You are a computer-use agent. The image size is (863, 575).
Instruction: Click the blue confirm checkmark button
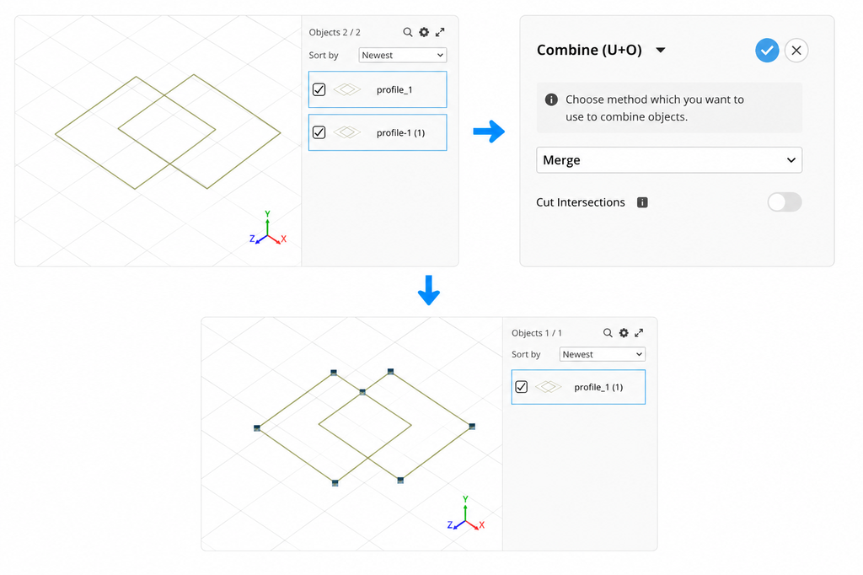coord(767,50)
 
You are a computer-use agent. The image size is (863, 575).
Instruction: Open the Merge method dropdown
coord(668,159)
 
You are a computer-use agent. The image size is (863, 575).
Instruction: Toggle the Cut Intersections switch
coord(785,202)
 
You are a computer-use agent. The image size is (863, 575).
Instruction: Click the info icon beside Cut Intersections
coord(642,202)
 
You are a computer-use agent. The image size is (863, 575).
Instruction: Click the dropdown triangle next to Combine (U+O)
coord(661,50)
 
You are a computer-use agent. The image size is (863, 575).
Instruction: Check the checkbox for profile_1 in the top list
coord(319,89)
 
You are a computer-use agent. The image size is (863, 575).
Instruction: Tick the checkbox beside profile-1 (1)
coord(319,132)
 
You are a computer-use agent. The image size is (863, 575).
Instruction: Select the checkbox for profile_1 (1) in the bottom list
coord(521,387)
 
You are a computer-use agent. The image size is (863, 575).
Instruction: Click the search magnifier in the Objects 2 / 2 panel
coord(407,32)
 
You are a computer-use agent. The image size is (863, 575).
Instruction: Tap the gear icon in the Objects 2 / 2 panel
coord(424,32)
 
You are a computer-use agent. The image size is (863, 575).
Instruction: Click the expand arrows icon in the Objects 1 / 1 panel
coord(639,333)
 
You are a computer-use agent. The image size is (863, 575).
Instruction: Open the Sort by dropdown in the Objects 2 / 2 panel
coord(402,55)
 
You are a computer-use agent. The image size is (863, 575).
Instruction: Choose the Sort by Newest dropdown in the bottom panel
coord(602,354)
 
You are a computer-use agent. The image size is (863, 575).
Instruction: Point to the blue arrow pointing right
coord(489,131)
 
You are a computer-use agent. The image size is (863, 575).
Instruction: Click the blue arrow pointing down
coord(429,290)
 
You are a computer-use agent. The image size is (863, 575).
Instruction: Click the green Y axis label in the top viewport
coord(267,213)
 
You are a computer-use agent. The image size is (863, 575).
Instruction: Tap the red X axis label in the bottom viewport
coord(481,525)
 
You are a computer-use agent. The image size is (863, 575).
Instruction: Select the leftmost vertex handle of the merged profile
coord(257,428)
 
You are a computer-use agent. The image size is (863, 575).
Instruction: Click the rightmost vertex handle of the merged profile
coord(472,427)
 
